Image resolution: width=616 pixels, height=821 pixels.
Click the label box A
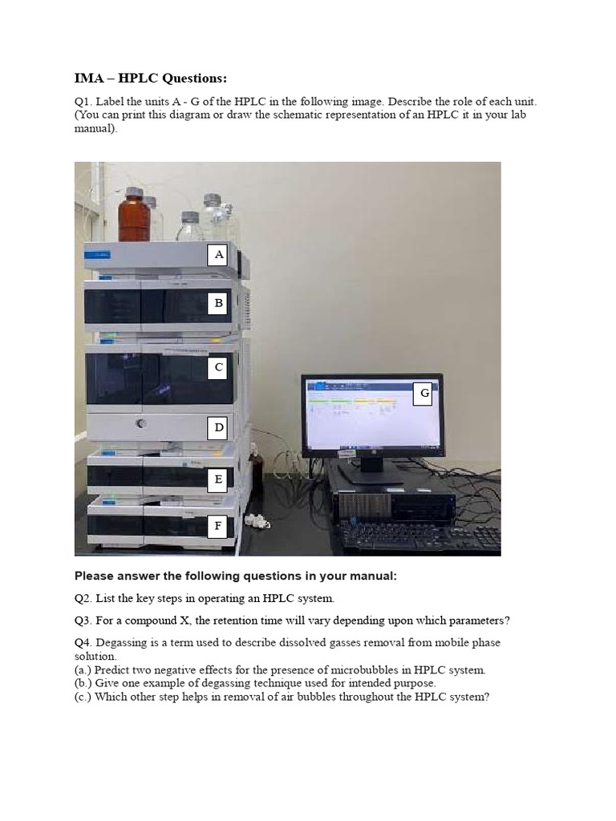pyautogui.click(x=217, y=256)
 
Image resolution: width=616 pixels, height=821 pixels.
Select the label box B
pyautogui.click(x=217, y=304)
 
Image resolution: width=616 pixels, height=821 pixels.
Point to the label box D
pyautogui.click(x=218, y=428)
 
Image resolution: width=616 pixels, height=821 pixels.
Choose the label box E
pyautogui.click(x=217, y=480)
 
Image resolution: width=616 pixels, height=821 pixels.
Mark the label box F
pyautogui.click(x=217, y=527)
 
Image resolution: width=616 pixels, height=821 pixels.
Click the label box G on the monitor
pyautogui.click(x=423, y=394)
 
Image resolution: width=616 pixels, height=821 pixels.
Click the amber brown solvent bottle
pyautogui.click(x=134, y=216)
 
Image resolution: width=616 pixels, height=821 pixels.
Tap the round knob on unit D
pyautogui.click(x=141, y=423)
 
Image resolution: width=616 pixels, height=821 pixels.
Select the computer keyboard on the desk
pyautogui.click(x=417, y=536)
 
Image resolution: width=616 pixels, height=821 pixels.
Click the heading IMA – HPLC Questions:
pyautogui.click(x=151, y=78)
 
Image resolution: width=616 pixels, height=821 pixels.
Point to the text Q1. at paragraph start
pyautogui.click(x=83, y=103)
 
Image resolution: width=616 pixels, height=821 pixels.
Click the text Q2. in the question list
pyautogui.click(x=83, y=598)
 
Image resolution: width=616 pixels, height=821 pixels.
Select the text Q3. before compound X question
pyautogui.click(x=83, y=621)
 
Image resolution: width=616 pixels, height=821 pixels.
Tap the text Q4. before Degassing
pyautogui.click(x=83, y=643)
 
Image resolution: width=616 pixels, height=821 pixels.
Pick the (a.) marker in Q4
pyautogui.click(x=83, y=669)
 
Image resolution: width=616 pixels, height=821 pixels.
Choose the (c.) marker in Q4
pyautogui.click(x=83, y=697)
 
